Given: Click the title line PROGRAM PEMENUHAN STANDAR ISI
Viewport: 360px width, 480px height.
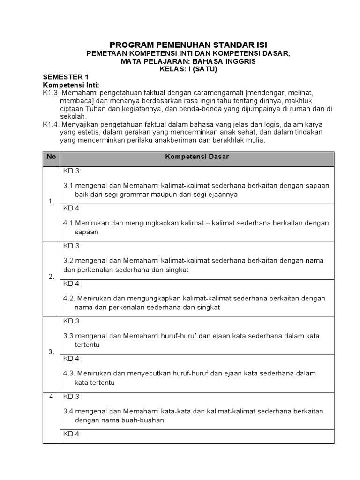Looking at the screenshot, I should (x=188, y=45).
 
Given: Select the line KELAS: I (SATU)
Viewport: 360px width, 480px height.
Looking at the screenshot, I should (x=188, y=69).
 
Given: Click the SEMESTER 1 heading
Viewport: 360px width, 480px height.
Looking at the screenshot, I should (x=65, y=77).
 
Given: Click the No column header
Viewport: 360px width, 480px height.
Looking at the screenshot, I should (x=51, y=157).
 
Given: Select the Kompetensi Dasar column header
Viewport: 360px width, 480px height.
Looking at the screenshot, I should (x=197, y=157).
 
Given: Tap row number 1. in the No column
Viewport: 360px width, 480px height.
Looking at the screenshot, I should (x=51, y=201).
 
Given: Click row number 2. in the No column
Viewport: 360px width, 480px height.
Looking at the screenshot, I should (x=51, y=277).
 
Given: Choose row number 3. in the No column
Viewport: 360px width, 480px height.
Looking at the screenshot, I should (x=51, y=352).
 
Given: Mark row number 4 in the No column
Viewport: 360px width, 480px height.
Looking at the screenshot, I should (x=51, y=397).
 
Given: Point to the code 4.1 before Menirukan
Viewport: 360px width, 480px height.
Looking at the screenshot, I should (x=68, y=223).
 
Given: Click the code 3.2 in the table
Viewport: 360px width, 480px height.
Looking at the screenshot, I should (x=68, y=261).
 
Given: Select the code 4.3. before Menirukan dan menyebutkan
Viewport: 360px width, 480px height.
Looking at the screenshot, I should (x=69, y=374).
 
